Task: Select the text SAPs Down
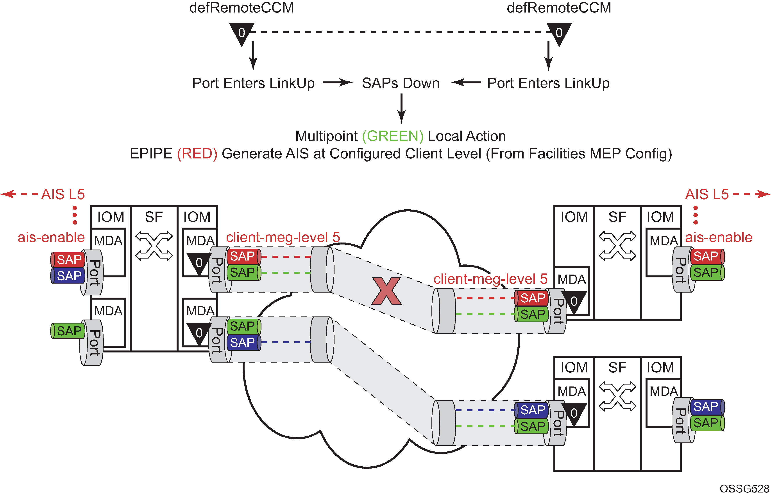click(x=401, y=83)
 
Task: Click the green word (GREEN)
click(x=393, y=136)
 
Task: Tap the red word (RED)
click(x=197, y=154)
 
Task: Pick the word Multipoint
click(x=326, y=136)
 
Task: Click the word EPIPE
click(x=151, y=154)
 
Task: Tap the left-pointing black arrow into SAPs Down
click(x=466, y=83)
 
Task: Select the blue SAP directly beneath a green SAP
click(x=243, y=342)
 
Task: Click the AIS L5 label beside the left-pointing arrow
click(x=63, y=194)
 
